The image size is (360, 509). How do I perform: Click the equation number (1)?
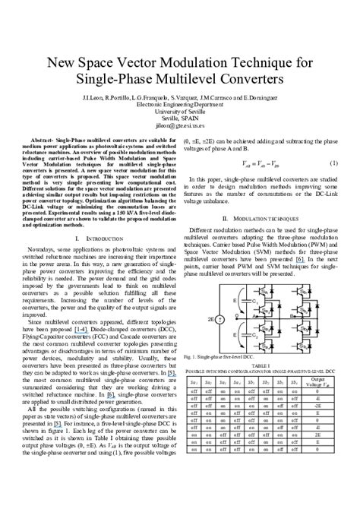[334, 163]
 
